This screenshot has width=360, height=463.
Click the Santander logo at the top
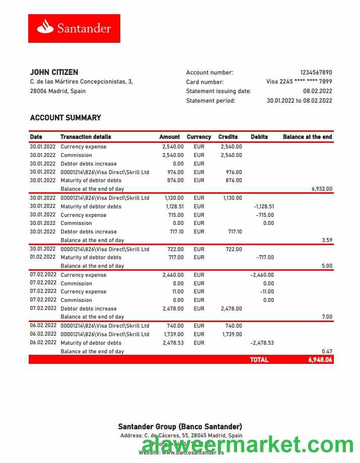(74, 28)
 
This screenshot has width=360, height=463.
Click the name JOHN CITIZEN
(54, 72)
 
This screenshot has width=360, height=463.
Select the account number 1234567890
(316, 72)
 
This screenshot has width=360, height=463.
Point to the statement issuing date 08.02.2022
(317, 91)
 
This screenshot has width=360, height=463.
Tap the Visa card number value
(299, 82)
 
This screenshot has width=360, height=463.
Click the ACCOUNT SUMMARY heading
(65, 118)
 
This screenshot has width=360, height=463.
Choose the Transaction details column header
(86, 137)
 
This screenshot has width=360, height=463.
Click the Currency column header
(199, 137)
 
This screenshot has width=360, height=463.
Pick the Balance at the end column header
(307, 137)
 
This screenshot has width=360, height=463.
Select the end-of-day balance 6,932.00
(322, 189)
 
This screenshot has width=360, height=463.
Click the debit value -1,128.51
(264, 206)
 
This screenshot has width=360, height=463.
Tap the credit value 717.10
(235, 232)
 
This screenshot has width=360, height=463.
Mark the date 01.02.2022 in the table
(43, 257)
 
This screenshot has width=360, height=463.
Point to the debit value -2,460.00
(262, 275)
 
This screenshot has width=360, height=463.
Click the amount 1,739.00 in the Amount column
(173, 334)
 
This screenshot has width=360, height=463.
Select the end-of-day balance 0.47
(327, 351)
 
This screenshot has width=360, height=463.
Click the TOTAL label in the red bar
(259, 360)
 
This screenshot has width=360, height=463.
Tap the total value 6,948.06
(320, 360)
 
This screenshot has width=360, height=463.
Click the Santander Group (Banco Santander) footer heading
(180, 427)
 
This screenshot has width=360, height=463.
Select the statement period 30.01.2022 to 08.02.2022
(299, 101)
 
